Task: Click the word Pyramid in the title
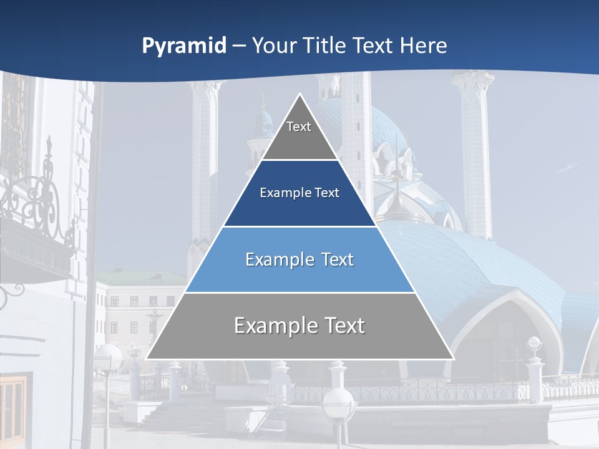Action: (x=183, y=46)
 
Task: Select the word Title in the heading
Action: (x=326, y=46)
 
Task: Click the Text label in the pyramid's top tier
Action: (x=299, y=127)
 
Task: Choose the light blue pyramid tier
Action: (x=299, y=274)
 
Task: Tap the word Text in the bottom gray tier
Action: (x=341, y=326)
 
